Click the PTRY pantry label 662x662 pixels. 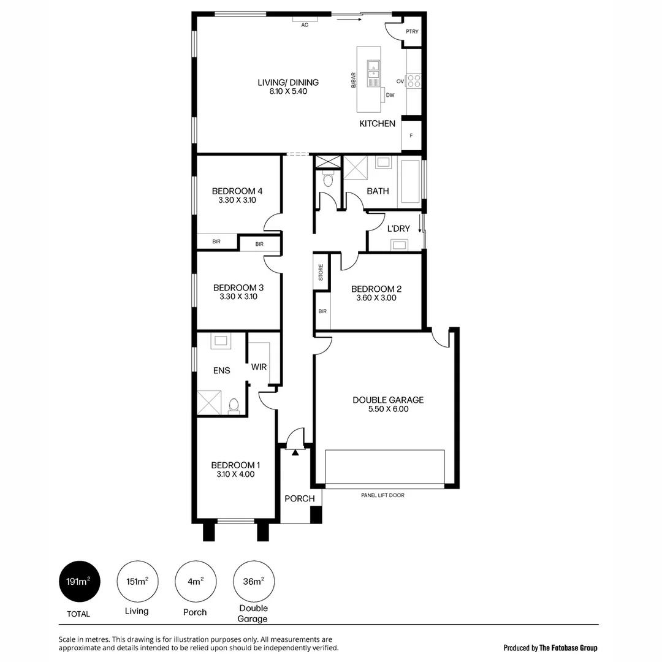pyautogui.click(x=412, y=32)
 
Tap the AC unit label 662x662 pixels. pyautogui.click(x=304, y=25)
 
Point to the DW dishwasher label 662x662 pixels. pyautogui.click(x=390, y=95)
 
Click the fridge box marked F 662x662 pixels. pyautogui.click(x=411, y=136)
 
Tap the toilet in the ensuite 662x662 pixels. pyautogui.click(x=234, y=406)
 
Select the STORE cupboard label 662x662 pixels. pyautogui.click(x=321, y=273)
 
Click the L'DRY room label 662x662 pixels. pyautogui.click(x=398, y=229)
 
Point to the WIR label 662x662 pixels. pyautogui.click(x=259, y=367)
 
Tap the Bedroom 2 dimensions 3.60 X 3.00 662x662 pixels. pyautogui.click(x=376, y=299)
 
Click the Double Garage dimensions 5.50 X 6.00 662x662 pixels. pyautogui.click(x=387, y=409)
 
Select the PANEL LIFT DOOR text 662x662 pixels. pyautogui.click(x=382, y=495)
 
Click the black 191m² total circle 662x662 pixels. pyautogui.click(x=78, y=582)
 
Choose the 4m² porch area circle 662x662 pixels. pyautogui.click(x=195, y=582)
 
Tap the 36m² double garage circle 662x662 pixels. pyautogui.click(x=254, y=582)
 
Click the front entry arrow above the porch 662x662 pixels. pyautogui.click(x=295, y=452)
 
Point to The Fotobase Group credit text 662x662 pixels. pyautogui.click(x=550, y=648)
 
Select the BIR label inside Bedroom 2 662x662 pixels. pyautogui.click(x=322, y=311)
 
